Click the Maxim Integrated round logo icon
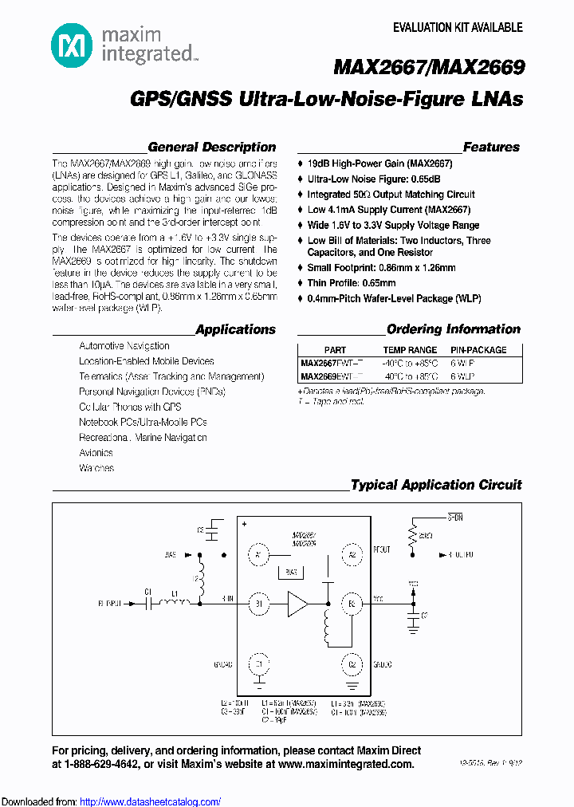click(71, 45)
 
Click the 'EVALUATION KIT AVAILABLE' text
click(458, 28)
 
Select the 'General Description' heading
click(212, 148)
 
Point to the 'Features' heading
click(491, 148)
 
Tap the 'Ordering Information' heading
click(453, 329)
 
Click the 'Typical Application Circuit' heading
click(436, 485)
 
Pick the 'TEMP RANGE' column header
click(410, 350)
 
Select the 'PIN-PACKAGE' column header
click(478, 350)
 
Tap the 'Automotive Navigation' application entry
click(124, 346)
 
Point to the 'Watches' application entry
click(96, 468)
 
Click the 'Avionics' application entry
click(96, 453)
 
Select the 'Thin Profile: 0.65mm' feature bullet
click(351, 283)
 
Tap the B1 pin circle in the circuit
click(258, 604)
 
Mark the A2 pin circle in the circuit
click(352, 553)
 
